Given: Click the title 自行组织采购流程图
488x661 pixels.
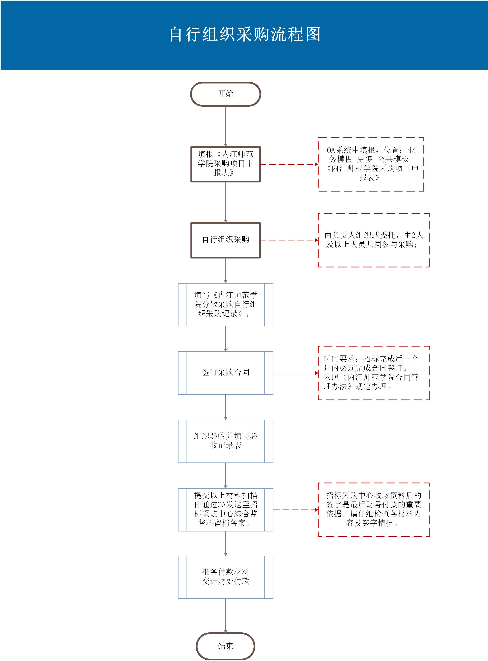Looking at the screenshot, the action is coord(245,34).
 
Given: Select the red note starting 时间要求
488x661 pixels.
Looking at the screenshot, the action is coord(374,373).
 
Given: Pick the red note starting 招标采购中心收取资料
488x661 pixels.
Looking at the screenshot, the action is coord(374,510).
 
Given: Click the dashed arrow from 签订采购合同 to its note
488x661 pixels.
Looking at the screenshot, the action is coord(296,373).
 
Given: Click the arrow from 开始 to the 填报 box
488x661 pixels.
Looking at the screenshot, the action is coord(226,126).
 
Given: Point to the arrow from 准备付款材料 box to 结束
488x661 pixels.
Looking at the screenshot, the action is coord(226,616).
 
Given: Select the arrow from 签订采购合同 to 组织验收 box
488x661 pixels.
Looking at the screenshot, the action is coord(226,407).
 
